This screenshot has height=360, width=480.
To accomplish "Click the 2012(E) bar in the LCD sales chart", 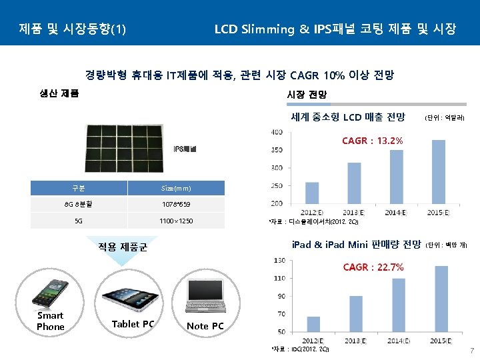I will coord(312,193).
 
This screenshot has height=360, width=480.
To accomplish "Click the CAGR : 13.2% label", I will coord(372,141).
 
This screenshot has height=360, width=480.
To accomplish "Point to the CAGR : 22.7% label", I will coord(373,267).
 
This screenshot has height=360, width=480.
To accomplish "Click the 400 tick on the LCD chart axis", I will coord(276,132).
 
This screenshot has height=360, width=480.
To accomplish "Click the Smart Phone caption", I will coord(51,321).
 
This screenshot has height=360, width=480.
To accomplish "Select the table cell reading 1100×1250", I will coord(176,221).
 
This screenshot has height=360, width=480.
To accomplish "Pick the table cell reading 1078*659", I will coord(176,205).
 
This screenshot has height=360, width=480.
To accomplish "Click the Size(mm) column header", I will coord(176,189).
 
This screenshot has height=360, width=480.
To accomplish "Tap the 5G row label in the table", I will coord(79,221).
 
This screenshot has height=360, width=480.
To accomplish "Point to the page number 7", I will coord(471,351).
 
